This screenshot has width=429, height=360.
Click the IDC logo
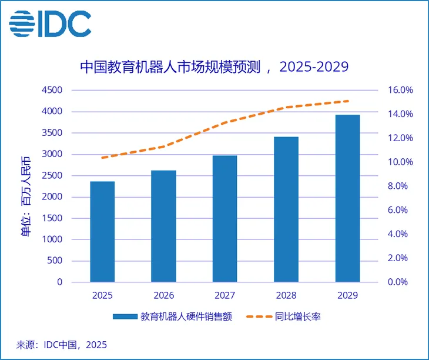[50, 22]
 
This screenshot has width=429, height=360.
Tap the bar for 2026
[163, 226]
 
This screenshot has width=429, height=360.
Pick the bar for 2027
[224, 218]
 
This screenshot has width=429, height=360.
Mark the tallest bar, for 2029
[347, 198]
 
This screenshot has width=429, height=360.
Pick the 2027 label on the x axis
[224, 295]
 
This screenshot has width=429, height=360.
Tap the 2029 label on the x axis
[347, 295]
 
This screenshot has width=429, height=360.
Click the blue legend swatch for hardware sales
[124, 316]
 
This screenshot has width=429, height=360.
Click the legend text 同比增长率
[297, 316]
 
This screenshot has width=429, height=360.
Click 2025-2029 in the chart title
[314, 66]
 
